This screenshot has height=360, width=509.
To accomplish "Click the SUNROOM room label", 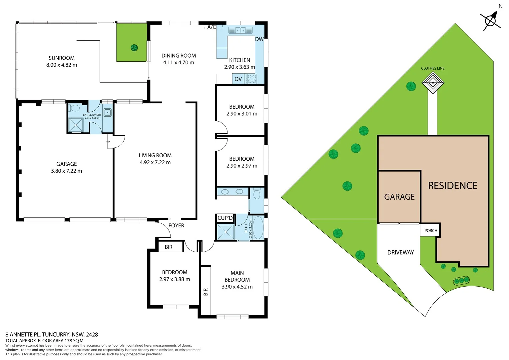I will pos(62,58).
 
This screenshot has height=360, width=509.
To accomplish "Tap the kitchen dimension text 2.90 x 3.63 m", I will pos(239,67).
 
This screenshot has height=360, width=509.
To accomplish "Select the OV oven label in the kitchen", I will pos(238,79).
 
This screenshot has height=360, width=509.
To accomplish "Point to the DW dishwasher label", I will pos(259,39).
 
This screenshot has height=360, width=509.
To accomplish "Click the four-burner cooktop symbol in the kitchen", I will pos(252,79).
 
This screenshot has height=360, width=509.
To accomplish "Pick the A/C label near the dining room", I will pos(212,27).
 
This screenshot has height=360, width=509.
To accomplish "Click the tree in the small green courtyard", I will pos(134,48).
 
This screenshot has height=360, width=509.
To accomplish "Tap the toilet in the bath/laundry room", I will pos(75,108).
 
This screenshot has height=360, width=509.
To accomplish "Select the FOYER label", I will pos(176,226).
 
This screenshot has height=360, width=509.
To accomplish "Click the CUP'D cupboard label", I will pos(225,218).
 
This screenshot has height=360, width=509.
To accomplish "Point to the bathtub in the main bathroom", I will pos(258,228).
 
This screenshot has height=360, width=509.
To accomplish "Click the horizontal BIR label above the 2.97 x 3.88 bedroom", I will pos(169,247).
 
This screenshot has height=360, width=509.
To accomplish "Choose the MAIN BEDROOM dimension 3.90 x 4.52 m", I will pos(237,287).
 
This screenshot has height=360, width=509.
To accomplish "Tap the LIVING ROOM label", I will pos(155,155).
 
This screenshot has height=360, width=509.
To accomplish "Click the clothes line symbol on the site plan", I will pos(433,82).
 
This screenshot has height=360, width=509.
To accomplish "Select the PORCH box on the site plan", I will pos(430,230).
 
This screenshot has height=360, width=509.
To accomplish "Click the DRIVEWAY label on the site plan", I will pos(400,252).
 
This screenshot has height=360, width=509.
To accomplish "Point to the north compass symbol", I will pos(491,20).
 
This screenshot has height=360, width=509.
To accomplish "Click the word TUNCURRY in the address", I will pos(56,334).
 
